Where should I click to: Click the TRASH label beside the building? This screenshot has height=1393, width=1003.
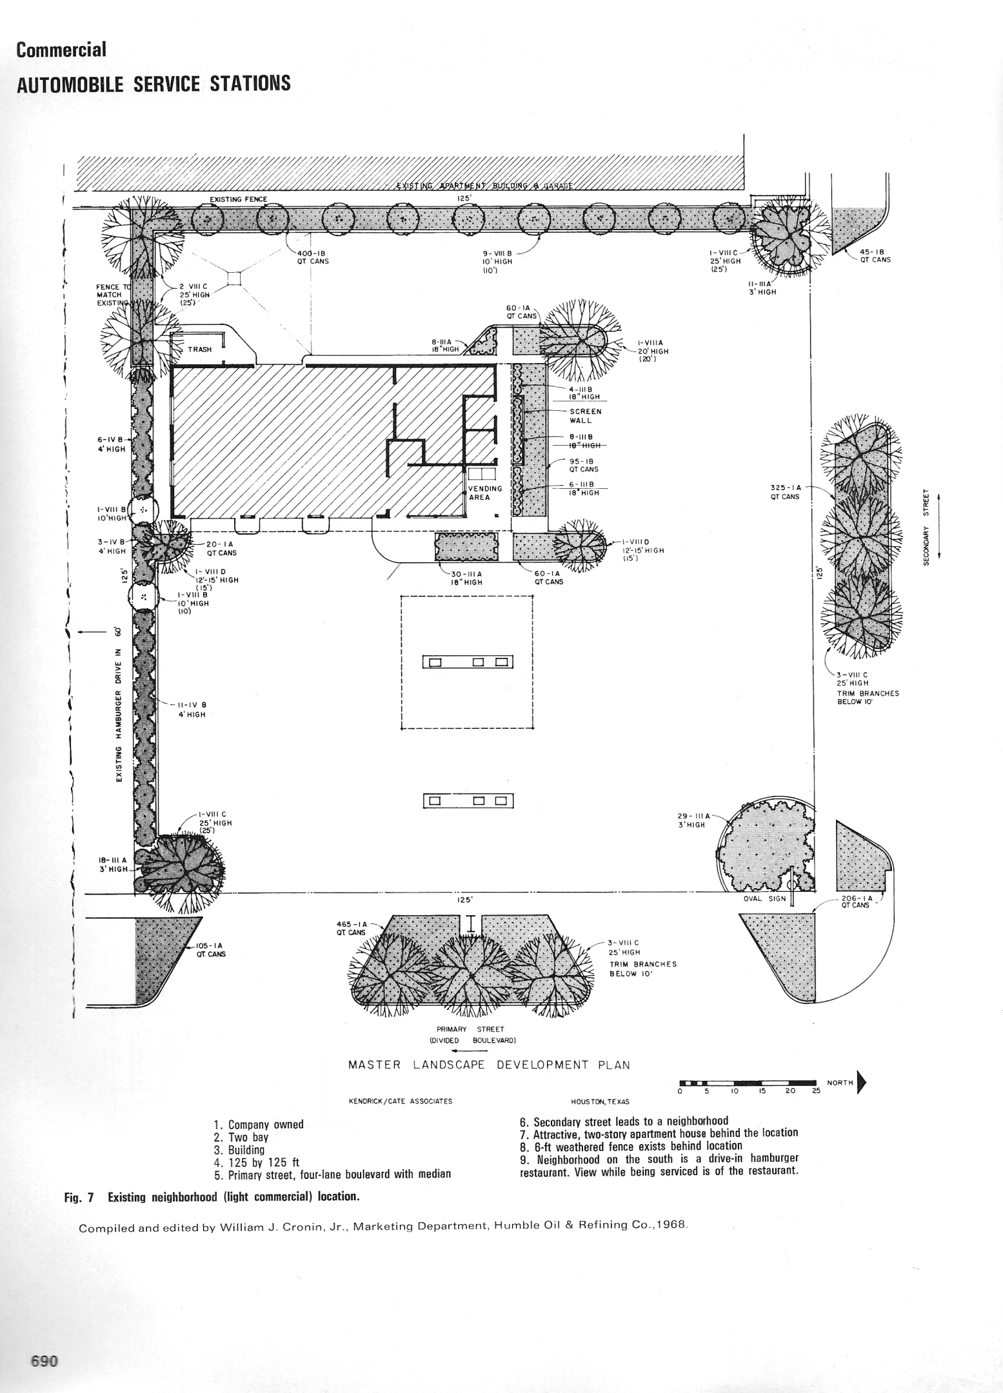[x=199, y=350]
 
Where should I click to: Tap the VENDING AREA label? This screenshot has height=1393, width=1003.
[x=485, y=493]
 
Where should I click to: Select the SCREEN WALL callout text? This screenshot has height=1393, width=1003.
[x=585, y=415]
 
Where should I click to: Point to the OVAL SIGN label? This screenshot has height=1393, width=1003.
[x=764, y=899]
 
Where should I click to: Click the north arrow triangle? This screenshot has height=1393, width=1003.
[x=862, y=1083]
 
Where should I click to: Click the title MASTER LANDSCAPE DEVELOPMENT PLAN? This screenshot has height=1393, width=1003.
[x=489, y=1065]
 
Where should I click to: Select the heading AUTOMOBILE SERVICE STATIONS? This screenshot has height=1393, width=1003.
[x=154, y=84]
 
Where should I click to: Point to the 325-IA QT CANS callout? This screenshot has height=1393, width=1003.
[x=785, y=492]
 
